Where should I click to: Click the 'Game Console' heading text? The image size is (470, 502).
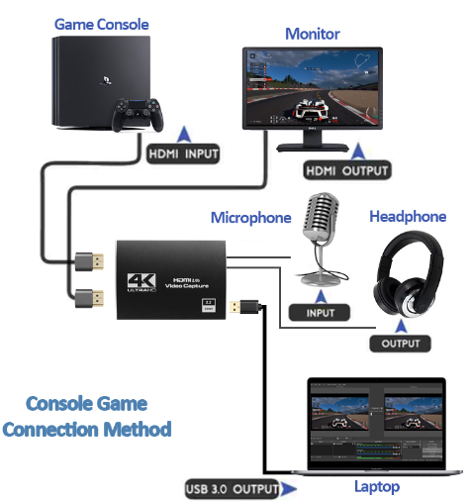(x=101, y=22)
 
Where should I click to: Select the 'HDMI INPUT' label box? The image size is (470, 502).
(x=183, y=153)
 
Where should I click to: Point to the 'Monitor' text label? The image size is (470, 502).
(x=312, y=34)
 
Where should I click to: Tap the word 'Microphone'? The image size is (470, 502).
(x=251, y=218)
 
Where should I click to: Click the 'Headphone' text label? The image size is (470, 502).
(x=408, y=217)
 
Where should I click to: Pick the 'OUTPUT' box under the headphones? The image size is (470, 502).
(x=401, y=344)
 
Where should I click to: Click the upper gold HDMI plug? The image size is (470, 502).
(x=90, y=262)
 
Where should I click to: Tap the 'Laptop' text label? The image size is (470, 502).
(x=377, y=486)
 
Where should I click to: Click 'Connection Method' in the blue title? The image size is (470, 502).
(x=87, y=430)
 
